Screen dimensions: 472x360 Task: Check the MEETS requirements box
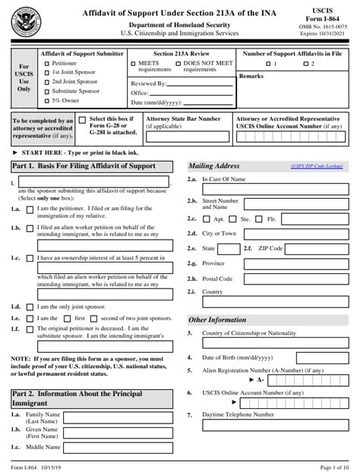pyautogui.click(x=134, y=64)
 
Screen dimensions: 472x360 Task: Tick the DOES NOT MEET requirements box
pyautogui.click(x=178, y=64)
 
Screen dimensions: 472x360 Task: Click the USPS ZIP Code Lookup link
pyautogui.click(x=315, y=166)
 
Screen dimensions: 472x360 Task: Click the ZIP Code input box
pyautogui.click(x=318, y=248)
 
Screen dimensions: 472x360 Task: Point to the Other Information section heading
pyautogui.click(x=217, y=320)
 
